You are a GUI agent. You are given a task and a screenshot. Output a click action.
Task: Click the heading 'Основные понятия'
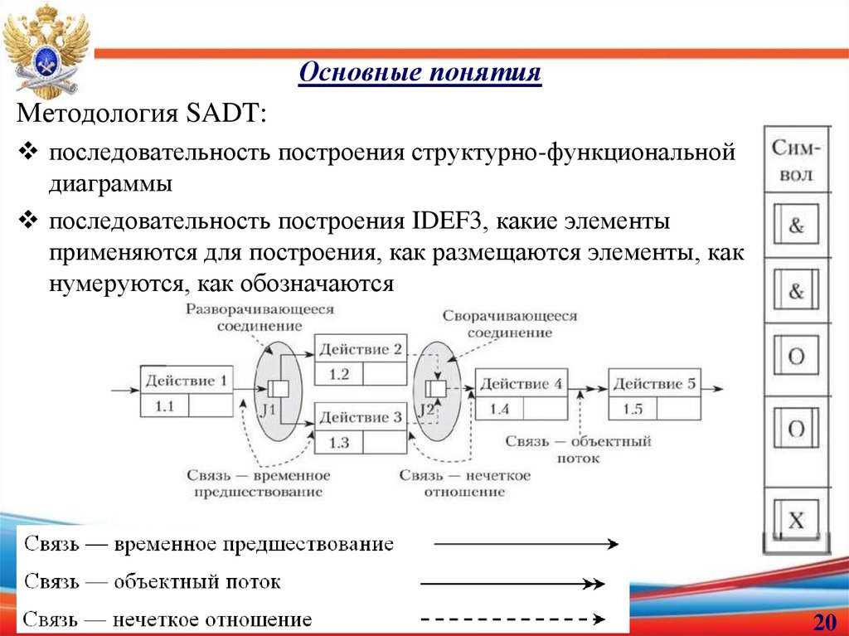420,74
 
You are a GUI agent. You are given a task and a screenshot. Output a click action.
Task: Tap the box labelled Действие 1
186,381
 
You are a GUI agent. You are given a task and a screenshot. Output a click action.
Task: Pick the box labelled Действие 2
360,349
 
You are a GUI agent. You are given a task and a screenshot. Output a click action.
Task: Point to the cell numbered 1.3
339,442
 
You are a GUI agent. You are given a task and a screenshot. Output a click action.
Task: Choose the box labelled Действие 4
521,384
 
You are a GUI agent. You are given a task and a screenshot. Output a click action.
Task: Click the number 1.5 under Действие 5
633,409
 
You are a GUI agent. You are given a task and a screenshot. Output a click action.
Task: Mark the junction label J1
266,410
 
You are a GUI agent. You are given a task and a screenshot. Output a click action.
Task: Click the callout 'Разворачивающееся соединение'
260,317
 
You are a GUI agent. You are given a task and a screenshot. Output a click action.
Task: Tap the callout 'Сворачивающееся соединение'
509,324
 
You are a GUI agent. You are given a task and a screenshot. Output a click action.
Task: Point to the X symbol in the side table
796,521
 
